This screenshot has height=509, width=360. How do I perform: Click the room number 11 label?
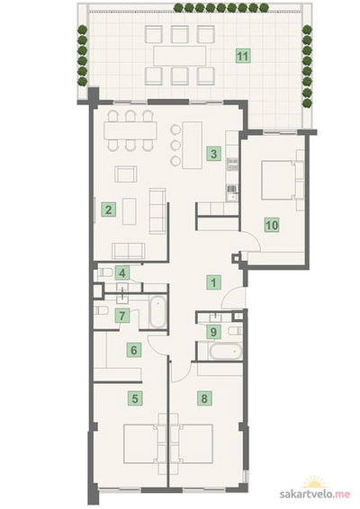[243, 56]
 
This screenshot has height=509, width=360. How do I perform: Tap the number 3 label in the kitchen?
[214, 153]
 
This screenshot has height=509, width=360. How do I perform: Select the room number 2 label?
[109, 210]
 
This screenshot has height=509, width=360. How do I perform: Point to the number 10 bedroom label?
[272, 225]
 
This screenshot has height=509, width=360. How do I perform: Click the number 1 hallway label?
[214, 282]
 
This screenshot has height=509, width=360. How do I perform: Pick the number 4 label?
[122, 273]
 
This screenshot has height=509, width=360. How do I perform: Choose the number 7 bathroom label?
[122, 316]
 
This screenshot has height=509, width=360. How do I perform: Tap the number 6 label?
[134, 350]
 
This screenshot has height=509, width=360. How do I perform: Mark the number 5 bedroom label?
[135, 398]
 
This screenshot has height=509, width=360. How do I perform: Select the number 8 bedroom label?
[204, 398]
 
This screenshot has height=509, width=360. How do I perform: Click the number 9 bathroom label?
[214, 332]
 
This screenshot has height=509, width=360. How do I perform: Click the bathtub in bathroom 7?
[158, 312]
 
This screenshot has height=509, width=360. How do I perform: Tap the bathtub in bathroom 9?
[226, 352]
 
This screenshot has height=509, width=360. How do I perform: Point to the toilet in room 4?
[104, 272]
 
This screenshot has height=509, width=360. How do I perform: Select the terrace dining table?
[180, 56]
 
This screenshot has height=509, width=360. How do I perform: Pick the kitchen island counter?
[193, 145]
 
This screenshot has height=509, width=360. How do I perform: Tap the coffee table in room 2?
[130, 211]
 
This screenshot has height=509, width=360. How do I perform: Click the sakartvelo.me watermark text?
[315, 494]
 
